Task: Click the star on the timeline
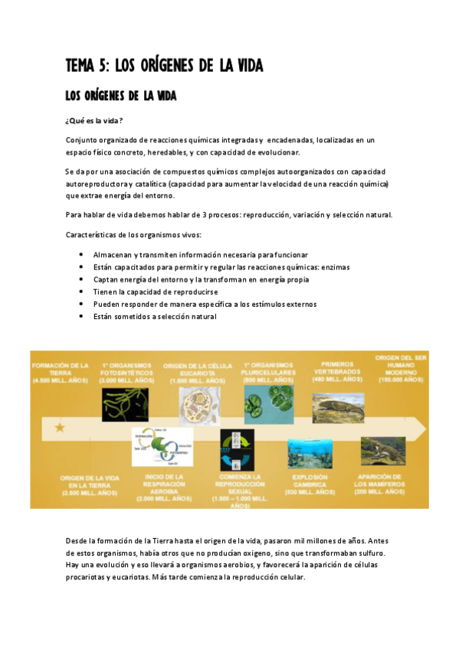[x=60, y=427]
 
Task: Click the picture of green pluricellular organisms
[x=267, y=404]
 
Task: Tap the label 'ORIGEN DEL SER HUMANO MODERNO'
[x=399, y=367]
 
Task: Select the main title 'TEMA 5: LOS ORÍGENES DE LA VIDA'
[x=164, y=67]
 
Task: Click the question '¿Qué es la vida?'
[x=95, y=122]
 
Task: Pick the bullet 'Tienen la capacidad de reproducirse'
[x=156, y=292]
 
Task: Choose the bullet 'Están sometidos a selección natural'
[x=155, y=316]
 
